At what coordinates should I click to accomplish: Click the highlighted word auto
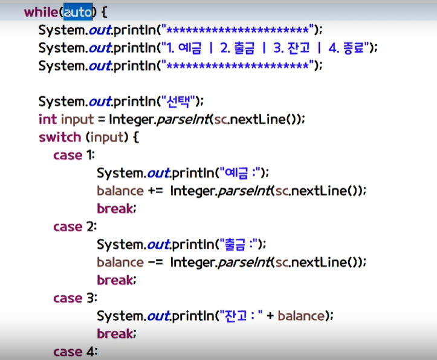pyautogui.click(x=78, y=12)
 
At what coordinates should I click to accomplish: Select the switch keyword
pyautogui.click(x=59, y=137)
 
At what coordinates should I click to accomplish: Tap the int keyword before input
pyautogui.click(x=48, y=119)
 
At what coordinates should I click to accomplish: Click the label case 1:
pyautogui.click(x=74, y=155)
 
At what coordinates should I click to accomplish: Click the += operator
pyautogui.click(x=154, y=191)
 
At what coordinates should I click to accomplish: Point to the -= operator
pyautogui.click(x=154, y=263)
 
